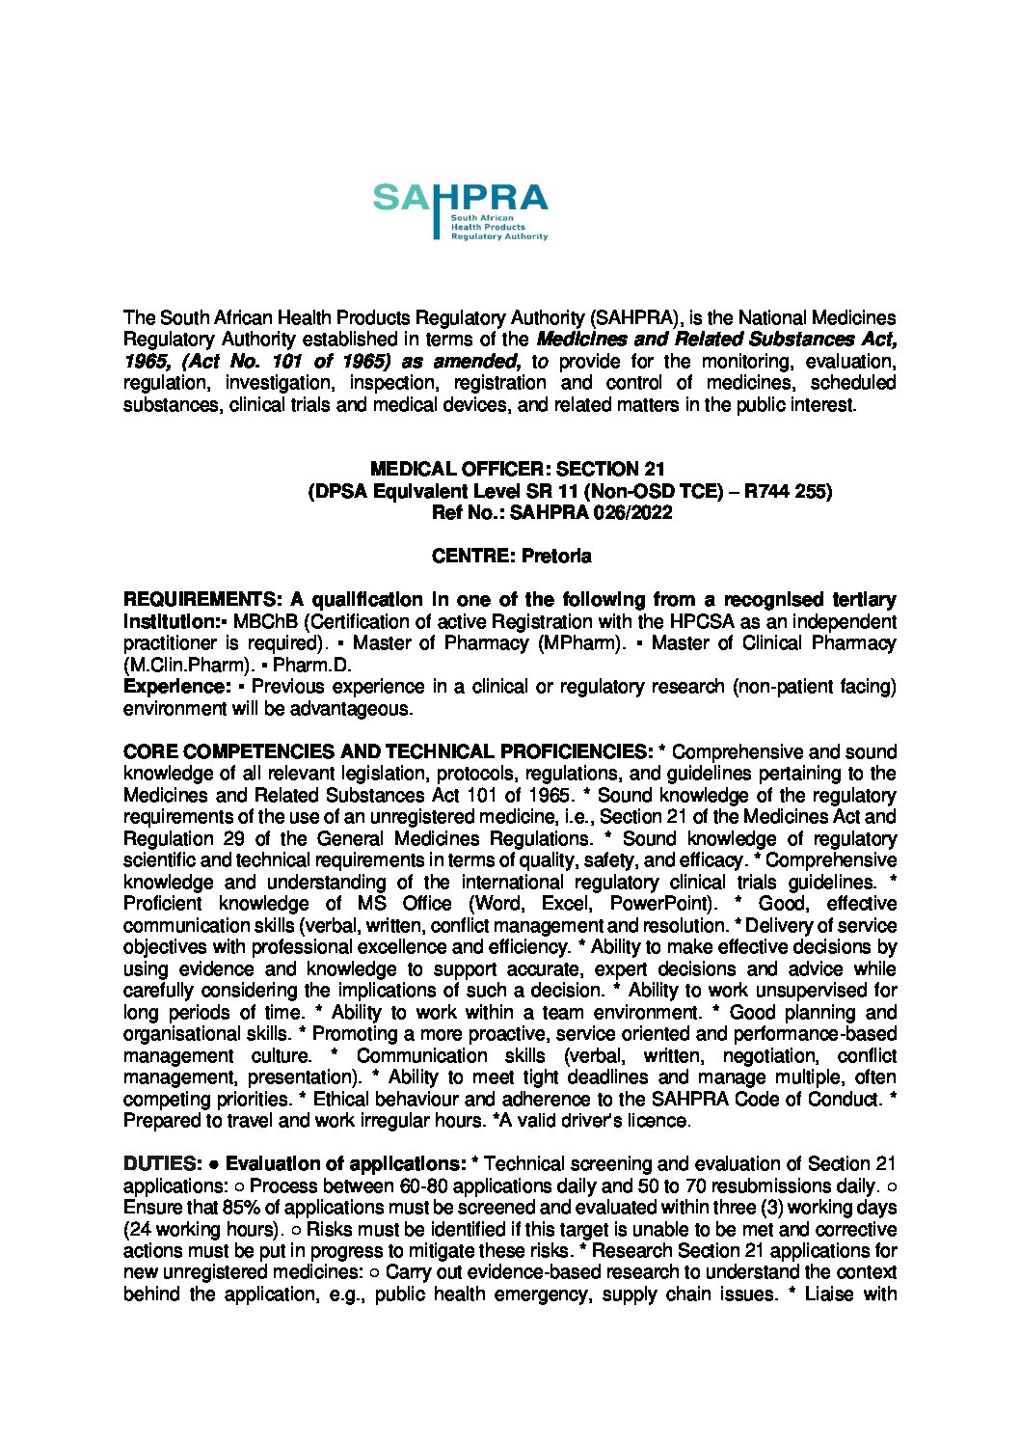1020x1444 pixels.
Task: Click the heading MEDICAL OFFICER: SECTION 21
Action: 518,470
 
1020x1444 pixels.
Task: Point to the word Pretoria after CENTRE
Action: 556,557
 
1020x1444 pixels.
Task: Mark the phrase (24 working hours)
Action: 201,1229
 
